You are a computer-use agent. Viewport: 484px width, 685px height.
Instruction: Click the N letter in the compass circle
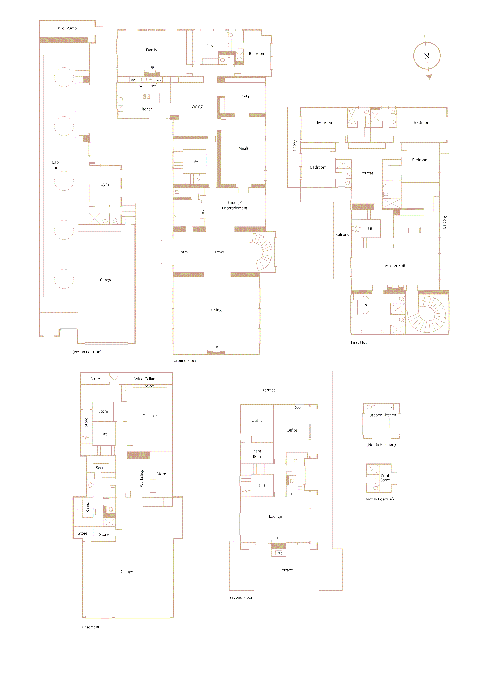tap(427, 56)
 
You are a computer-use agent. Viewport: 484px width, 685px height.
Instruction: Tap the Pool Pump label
tap(67, 28)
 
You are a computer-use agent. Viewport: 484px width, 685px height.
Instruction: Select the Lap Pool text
tap(55, 165)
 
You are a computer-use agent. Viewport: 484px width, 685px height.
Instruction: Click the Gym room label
tap(105, 184)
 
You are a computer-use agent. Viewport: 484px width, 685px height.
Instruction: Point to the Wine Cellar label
tap(144, 379)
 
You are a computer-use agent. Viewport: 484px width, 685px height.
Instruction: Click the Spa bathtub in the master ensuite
tap(365, 305)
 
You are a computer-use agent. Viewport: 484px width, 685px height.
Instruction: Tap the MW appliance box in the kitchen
tap(133, 80)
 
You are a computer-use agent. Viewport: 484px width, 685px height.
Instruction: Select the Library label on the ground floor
tap(243, 96)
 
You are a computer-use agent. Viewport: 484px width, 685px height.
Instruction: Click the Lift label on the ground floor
tap(194, 162)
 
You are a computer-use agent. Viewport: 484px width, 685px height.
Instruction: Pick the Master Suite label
tap(396, 266)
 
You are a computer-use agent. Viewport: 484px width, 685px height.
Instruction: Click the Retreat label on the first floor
tap(367, 173)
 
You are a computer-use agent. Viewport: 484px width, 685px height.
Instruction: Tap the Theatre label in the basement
tap(150, 416)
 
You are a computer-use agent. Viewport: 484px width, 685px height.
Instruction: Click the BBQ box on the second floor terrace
tap(278, 553)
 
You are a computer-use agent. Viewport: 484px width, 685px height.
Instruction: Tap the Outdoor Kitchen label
tap(381, 415)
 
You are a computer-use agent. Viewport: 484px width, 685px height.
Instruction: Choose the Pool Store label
tap(385, 478)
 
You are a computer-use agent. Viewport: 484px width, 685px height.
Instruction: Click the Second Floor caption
tap(241, 597)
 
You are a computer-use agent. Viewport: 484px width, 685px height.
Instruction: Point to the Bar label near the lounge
tap(203, 211)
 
